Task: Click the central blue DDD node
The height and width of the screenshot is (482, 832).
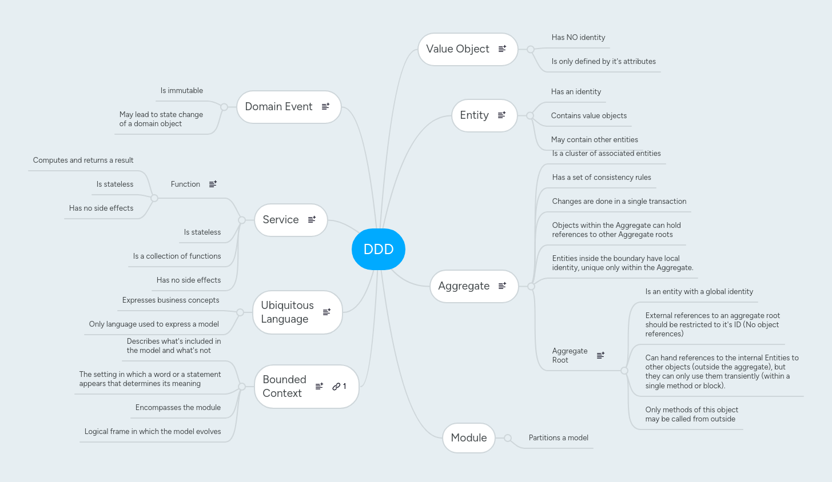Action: [x=378, y=249]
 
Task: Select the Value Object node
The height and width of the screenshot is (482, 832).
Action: [x=457, y=49]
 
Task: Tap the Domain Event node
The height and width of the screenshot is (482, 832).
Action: [x=278, y=107]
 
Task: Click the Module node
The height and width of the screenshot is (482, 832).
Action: [x=468, y=438]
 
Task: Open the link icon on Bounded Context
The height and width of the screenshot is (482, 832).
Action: [x=337, y=387]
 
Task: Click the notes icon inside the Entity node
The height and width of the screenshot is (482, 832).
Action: [x=501, y=115]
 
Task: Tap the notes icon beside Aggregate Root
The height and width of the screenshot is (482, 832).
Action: [x=600, y=355]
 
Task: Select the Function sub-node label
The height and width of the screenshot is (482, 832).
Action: [x=185, y=184]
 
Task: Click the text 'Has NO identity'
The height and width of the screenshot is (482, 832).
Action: [x=578, y=38]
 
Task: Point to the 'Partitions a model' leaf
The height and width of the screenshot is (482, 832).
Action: [x=558, y=438]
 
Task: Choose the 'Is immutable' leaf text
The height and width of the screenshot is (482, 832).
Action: [x=182, y=91]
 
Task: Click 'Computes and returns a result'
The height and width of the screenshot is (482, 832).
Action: [x=83, y=160]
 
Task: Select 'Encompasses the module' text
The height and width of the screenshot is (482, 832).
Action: [x=178, y=408]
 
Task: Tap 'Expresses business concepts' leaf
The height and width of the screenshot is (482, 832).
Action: [x=170, y=300]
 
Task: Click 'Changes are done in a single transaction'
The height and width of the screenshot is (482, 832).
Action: [x=619, y=202]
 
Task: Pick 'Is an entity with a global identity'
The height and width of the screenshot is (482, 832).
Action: [x=699, y=292]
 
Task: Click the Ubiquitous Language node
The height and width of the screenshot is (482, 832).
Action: [x=288, y=312]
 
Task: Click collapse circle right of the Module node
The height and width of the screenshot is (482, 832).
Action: [x=507, y=438]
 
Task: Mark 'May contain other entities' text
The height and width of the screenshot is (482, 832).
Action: [x=594, y=140]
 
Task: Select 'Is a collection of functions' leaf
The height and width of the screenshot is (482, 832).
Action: [x=177, y=256]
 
